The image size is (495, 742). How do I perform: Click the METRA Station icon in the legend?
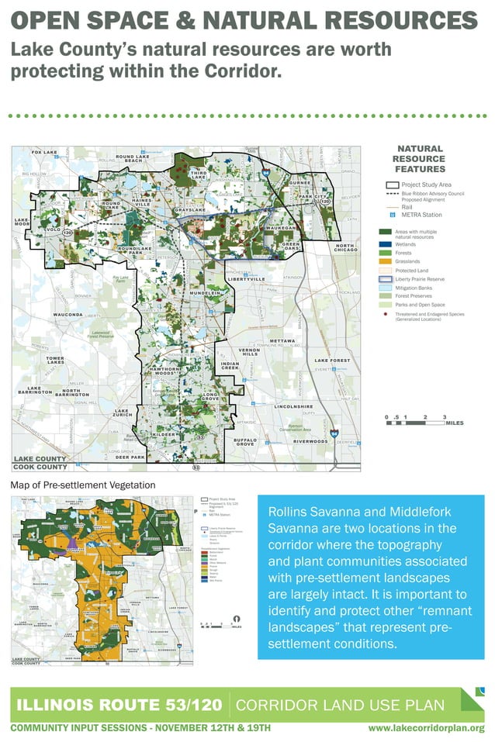(393, 214)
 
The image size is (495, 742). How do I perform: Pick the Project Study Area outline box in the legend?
(392, 185)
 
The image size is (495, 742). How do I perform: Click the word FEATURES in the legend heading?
(420, 169)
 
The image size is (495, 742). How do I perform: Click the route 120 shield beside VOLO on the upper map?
(67, 232)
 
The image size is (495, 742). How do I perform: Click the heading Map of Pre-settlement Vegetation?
(83, 485)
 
